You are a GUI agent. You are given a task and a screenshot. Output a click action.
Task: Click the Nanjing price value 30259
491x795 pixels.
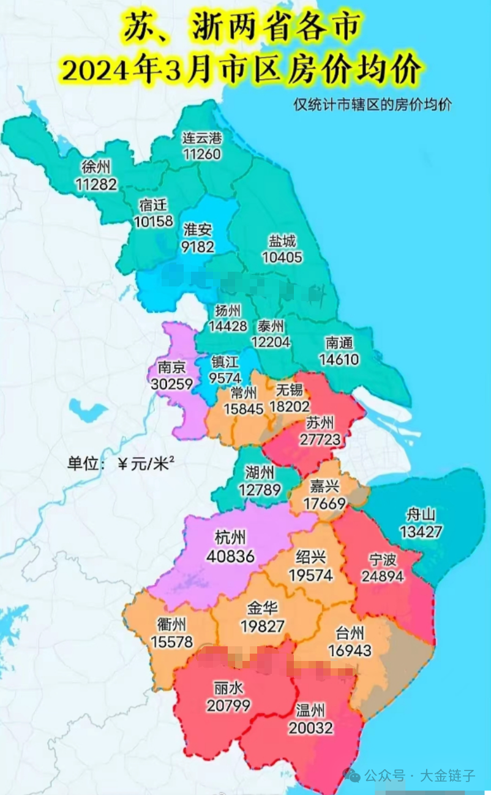click(171, 384)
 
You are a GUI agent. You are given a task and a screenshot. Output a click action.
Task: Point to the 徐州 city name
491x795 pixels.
click(97, 167)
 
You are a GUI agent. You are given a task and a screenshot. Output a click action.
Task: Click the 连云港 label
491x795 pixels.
click(202, 138)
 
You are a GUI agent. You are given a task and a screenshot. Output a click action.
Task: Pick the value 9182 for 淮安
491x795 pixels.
click(198, 246)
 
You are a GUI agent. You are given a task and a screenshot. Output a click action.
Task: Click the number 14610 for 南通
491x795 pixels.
click(339, 359)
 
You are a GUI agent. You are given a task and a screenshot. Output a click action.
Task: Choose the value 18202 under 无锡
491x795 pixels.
click(290, 406)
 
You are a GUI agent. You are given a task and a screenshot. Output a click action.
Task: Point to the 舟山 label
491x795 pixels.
click(421, 514)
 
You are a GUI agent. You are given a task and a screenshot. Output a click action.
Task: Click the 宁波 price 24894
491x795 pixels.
click(383, 576)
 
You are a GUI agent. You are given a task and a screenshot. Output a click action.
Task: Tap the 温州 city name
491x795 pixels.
click(310, 710)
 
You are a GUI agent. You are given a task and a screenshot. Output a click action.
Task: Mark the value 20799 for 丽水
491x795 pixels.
click(228, 705)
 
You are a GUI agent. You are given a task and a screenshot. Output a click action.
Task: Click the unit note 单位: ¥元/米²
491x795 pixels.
click(120, 463)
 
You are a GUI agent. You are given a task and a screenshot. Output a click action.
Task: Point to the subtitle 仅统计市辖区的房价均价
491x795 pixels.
click(372, 105)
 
